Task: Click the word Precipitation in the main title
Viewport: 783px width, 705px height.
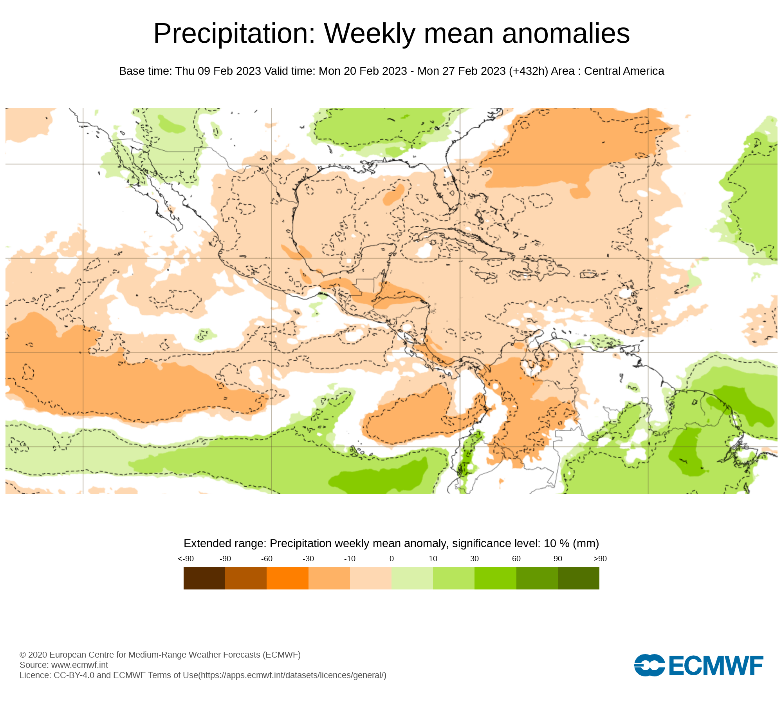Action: [234, 34]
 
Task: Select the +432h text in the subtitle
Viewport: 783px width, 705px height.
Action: [529, 71]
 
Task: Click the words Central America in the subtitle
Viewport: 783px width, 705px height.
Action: [624, 71]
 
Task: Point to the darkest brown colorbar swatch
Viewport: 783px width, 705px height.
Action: [204, 578]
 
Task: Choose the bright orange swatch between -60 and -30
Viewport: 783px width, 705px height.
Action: [287, 578]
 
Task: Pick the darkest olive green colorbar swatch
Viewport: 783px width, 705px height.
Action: [578, 578]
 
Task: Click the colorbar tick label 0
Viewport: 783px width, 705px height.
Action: [391, 559]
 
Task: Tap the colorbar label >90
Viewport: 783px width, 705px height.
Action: [600, 559]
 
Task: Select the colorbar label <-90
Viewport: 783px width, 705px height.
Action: [186, 559]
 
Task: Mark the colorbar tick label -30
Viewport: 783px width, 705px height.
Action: [308, 559]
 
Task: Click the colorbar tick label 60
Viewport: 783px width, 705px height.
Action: [516, 559]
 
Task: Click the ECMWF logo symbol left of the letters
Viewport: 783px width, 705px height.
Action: [649, 665]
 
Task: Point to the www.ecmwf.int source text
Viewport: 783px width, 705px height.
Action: [79, 665]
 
